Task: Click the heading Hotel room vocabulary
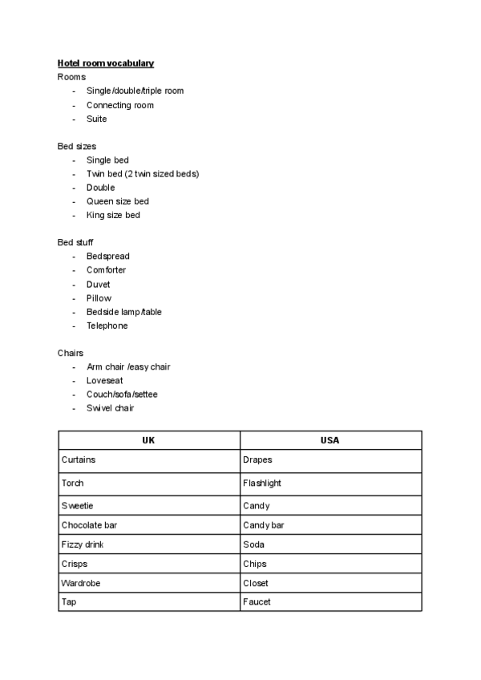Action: tap(106, 63)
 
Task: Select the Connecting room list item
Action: tap(119, 105)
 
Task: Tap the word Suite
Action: tap(96, 119)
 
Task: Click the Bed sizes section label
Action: tap(77, 146)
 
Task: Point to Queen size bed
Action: tap(117, 201)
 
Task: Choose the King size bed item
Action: tap(113, 215)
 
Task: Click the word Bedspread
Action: tap(107, 257)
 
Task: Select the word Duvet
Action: tap(99, 284)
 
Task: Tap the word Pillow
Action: tap(99, 298)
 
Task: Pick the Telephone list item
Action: tap(107, 326)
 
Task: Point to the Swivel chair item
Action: tap(110, 408)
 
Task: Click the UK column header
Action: tap(148, 440)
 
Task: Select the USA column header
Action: tap(329, 440)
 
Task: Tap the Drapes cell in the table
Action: tap(257, 460)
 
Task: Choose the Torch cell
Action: tap(72, 484)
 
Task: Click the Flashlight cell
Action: tap(262, 484)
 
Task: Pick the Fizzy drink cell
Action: tap(83, 544)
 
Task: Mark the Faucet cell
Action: tap(257, 601)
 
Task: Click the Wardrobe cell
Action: tap(81, 583)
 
